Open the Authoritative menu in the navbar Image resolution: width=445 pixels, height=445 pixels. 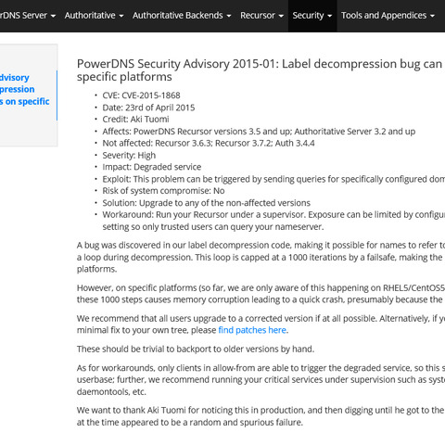pos(93,16)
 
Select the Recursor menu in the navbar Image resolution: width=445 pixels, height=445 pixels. pos(261,16)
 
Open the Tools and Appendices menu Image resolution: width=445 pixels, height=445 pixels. pos(387,16)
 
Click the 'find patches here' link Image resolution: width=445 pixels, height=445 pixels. pos(252,329)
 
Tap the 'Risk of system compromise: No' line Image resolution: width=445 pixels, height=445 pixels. pos(163,190)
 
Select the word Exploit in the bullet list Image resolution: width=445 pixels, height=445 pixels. pos(118,178)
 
